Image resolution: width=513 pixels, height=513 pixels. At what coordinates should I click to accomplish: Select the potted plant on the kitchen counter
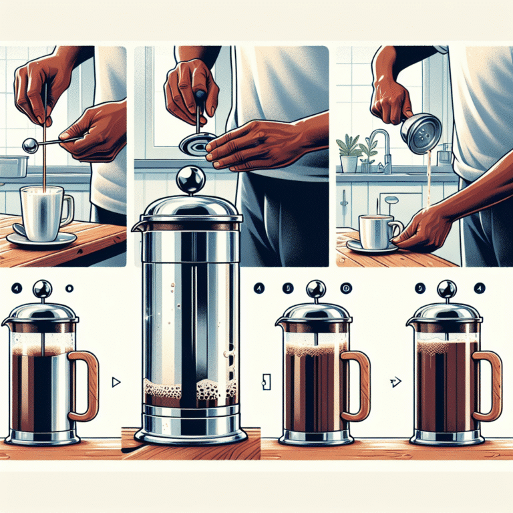[x=349, y=155]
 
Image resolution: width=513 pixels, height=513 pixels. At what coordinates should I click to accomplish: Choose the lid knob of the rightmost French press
[x=446, y=289]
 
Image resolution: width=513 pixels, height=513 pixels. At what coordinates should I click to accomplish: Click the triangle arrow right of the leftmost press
[x=117, y=382]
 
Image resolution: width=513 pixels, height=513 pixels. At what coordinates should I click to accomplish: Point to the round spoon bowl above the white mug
[x=29, y=145]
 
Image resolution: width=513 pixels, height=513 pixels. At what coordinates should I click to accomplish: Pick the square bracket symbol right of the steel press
[x=267, y=382]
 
